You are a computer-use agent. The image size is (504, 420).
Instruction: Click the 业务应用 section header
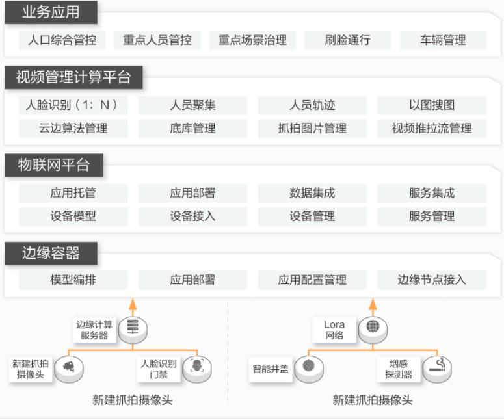click(51, 12)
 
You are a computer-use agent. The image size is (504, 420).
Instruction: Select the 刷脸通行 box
click(348, 40)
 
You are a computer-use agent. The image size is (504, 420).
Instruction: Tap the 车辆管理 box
click(443, 40)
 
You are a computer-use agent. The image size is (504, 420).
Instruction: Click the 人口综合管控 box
click(62, 40)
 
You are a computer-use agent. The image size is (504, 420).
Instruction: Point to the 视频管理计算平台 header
click(73, 77)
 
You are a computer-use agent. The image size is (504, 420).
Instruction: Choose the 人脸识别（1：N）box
click(73, 105)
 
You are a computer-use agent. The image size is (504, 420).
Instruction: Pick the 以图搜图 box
click(432, 105)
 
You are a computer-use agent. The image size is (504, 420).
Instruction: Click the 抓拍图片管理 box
click(312, 129)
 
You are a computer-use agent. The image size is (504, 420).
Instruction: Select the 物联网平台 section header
click(54, 165)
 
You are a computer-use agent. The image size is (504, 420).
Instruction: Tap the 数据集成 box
click(312, 193)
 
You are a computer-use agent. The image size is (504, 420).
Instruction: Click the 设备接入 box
click(193, 217)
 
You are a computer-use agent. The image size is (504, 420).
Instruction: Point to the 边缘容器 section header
click(51, 253)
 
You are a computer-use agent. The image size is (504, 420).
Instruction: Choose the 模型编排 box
click(73, 280)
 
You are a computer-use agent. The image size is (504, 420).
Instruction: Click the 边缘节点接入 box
click(432, 280)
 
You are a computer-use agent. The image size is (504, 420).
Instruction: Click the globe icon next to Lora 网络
click(373, 328)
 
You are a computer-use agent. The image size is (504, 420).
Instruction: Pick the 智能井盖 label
click(271, 369)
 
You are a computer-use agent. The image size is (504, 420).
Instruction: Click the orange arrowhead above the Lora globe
click(373, 304)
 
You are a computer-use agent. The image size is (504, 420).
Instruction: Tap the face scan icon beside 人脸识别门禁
click(197, 367)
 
